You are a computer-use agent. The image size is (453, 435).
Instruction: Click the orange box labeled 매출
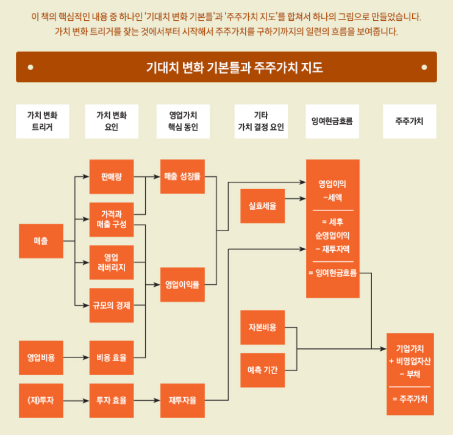click(41, 241)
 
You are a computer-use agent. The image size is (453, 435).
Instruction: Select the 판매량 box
click(112, 177)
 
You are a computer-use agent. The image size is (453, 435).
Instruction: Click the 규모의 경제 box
click(112, 305)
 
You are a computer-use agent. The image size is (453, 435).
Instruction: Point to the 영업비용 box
click(41, 358)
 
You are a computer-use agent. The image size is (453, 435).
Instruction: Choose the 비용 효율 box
click(112, 358)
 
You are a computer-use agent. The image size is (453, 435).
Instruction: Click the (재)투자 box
click(41, 401)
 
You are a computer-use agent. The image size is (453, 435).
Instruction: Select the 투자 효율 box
click(112, 401)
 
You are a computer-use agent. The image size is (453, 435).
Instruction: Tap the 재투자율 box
click(182, 401)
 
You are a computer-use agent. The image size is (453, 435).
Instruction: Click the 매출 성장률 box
click(182, 177)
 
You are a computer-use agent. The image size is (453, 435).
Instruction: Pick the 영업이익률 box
click(182, 284)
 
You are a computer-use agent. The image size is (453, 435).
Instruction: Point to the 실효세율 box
click(262, 206)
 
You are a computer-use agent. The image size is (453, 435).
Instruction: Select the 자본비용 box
click(262, 328)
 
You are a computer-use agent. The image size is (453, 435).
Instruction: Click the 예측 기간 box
click(262, 370)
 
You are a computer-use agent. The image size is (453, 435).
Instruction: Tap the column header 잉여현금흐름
click(332, 121)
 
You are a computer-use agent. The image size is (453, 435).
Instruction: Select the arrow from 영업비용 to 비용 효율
click(76, 358)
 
